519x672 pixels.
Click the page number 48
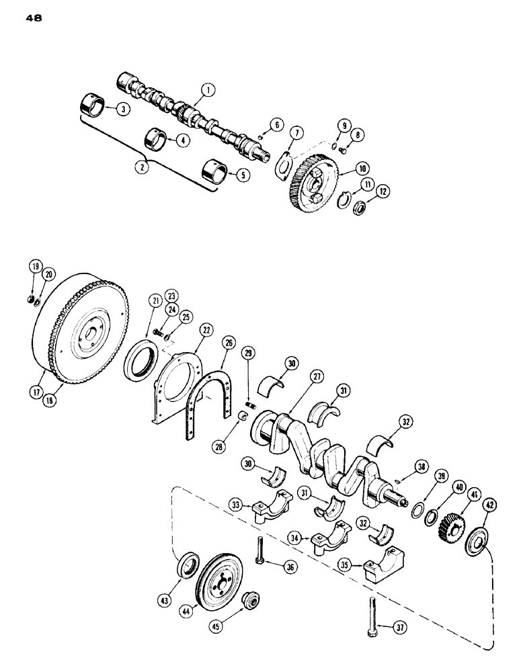click(x=34, y=19)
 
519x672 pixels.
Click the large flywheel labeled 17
click(x=77, y=336)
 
